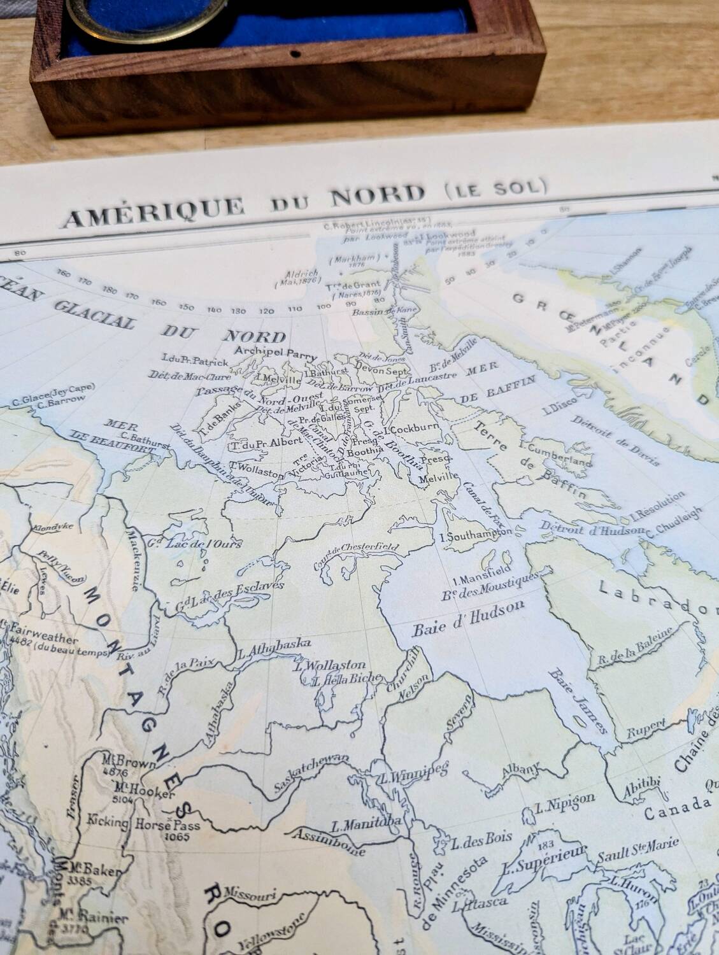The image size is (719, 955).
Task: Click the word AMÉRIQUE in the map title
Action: pyautogui.click(x=153, y=208)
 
